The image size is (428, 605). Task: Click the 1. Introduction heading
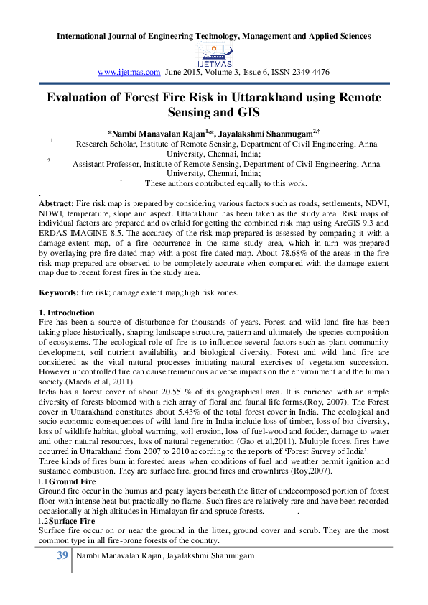pyautogui.click(x=66, y=313)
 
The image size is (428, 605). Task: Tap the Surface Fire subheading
pyautogui.click(x=71, y=520)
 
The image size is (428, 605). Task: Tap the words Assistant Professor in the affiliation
pyautogui.click(x=108, y=164)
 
